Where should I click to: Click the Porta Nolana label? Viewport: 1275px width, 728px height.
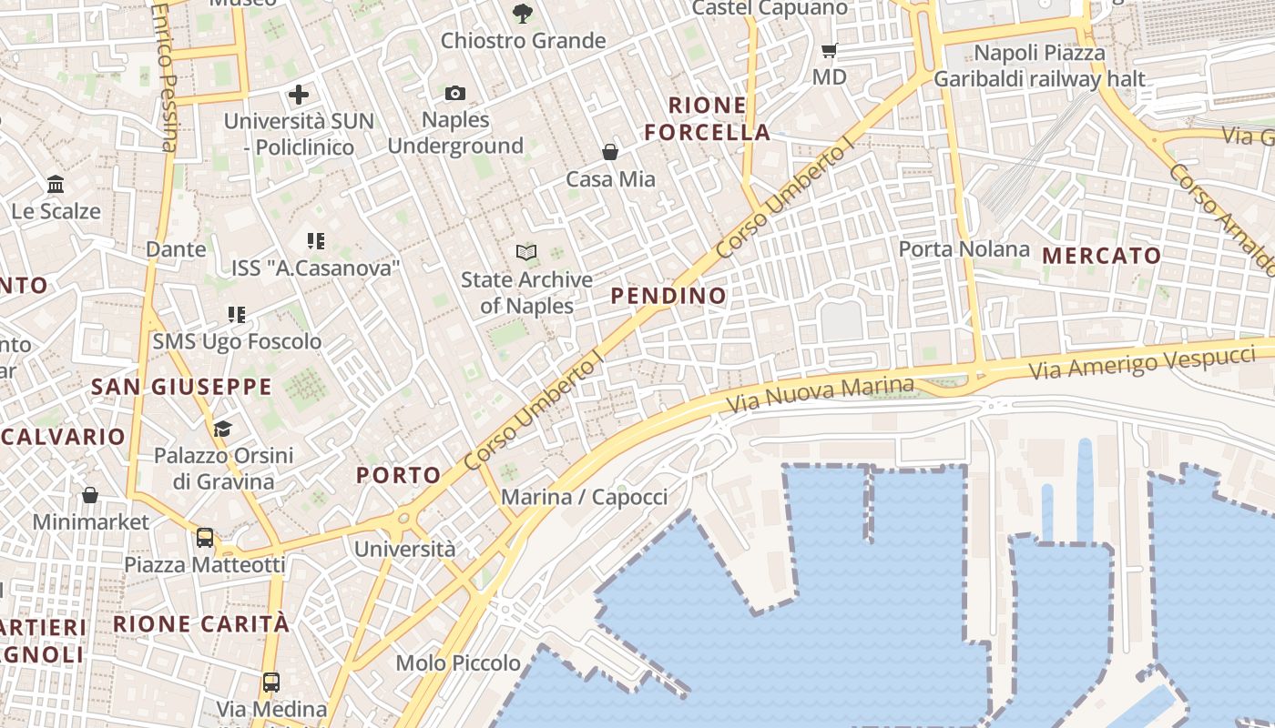tap(964, 248)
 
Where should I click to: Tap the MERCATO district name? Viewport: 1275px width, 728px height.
tap(1102, 256)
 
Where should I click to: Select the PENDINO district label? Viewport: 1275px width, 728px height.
tap(668, 296)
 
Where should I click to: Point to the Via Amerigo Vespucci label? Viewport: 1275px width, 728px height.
tap(1142, 362)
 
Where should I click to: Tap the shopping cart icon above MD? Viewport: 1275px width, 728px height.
tap(829, 51)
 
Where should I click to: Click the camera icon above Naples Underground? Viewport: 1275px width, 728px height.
tap(455, 93)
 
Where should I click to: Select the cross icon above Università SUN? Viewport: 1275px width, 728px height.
tap(299, 95)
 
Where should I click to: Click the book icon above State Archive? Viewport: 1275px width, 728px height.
tap(526, 252)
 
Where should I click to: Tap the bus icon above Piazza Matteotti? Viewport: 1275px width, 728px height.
tap(205, 537)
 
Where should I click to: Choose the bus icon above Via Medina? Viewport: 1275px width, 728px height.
tap(271, 682)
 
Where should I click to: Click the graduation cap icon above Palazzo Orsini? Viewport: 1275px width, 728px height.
tap(222, 429)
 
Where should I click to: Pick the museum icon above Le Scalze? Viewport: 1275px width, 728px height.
tap(56, 185)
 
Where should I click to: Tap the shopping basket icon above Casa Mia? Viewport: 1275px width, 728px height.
tap(610, 152)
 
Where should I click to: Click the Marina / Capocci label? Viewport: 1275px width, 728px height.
tap(584, 497)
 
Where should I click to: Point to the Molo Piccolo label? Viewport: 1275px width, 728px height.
tap(458, 662)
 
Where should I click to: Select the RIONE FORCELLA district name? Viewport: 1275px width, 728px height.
tap(708, 118)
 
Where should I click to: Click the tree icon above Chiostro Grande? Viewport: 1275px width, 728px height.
tap(523, 14)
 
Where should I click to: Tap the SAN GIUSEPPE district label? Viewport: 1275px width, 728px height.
tap(181, 387)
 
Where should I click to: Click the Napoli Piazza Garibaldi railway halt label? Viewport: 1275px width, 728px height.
tap(1039, 66)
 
